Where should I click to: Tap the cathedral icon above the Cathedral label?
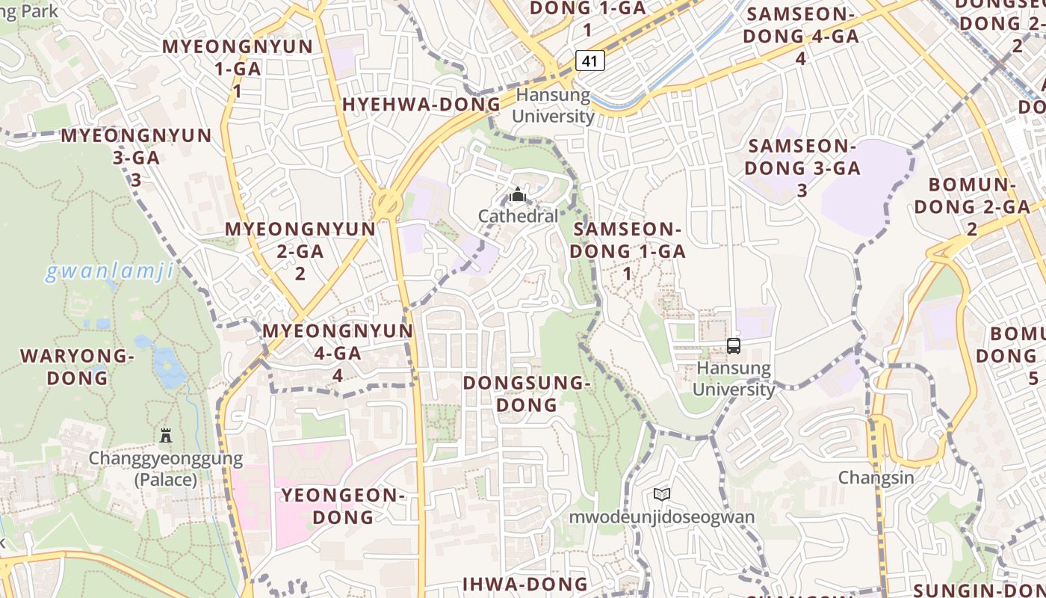(x=517, y=196)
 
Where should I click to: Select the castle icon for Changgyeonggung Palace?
(x=166, y=435)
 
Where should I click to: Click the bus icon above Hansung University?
(x=733, y=346)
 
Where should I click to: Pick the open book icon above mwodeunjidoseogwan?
(x=661, y=494)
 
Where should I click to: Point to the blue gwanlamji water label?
(x=109, y=271)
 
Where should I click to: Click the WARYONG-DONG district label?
(x=77, y=366)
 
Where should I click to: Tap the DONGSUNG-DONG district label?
(x=527, y=393)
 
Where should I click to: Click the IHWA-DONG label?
(x=524, y=584)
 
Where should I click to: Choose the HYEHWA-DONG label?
(x=421, y=105)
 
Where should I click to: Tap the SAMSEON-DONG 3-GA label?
(x=802, y=167)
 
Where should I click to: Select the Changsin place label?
(x=876, y=477)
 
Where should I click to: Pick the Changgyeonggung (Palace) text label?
(x=166, y=469)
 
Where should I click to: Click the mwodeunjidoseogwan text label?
(x=662, y=517)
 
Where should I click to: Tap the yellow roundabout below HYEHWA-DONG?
(x=387, y=202)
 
